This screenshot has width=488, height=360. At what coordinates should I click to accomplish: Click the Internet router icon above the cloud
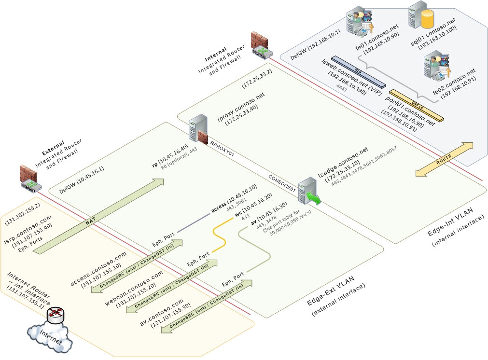coord(56,315)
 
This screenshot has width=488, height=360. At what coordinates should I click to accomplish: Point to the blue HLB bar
coord(358,70)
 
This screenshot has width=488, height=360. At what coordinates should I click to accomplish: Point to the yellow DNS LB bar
coord(416,105)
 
